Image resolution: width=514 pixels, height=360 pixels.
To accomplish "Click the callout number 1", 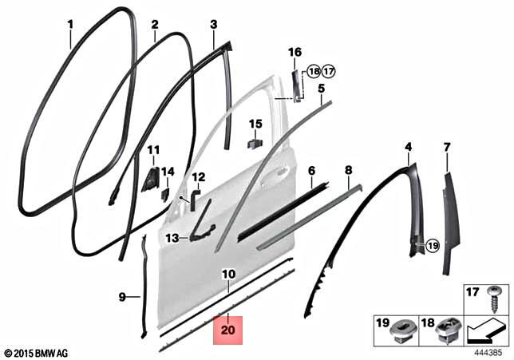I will (x=70, y=24).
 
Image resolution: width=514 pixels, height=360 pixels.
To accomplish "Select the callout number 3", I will (x=213, y=25).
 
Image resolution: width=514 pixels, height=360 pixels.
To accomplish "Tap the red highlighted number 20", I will (x=229, y=329).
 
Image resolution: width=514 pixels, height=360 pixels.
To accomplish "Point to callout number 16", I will (x=295, y=52).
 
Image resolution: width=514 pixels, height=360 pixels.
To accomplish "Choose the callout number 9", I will (x=123, y=297).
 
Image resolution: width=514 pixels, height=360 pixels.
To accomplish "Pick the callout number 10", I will (x=228, y=274).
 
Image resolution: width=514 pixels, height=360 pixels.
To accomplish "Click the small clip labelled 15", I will (x=255, y=143).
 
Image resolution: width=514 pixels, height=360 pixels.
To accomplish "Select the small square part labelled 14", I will (x=165, y=193).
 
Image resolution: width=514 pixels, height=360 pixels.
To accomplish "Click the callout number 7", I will (x=446, y=147).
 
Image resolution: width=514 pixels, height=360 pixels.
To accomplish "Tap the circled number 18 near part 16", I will (x=314, y=70).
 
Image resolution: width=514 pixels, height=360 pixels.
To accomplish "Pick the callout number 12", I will (x=198, y=176).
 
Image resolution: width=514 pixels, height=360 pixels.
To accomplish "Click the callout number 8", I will (x=348, y=170).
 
